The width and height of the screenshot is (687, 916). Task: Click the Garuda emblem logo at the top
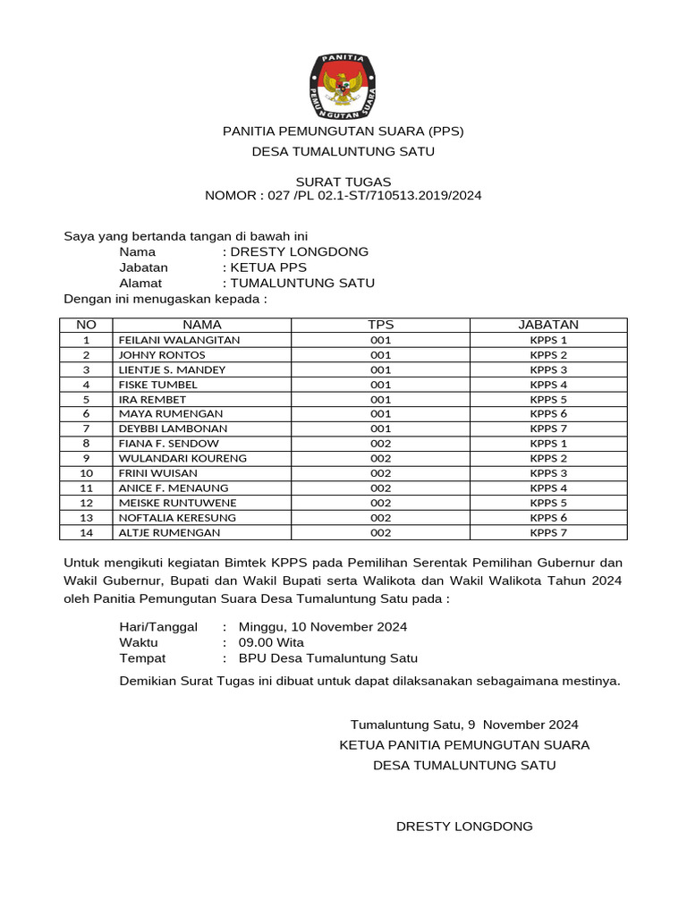343,88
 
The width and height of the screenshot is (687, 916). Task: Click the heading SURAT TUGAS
343,182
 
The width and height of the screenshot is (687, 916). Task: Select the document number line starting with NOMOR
343,195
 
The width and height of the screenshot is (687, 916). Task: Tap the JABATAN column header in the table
548,325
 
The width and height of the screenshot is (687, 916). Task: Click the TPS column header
380,325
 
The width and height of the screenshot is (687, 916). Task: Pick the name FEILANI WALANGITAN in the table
179,340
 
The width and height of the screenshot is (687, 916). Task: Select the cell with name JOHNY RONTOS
162,355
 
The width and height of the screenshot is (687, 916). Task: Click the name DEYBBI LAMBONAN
173,428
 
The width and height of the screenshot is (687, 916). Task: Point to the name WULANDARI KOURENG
182,458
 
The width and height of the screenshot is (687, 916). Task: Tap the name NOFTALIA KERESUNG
177,518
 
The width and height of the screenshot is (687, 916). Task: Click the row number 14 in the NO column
86,532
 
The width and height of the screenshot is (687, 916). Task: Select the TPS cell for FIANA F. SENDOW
380,444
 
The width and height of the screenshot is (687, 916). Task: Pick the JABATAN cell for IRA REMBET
548,399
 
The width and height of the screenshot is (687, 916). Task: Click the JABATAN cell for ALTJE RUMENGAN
548,532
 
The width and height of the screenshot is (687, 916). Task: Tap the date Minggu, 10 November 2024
323,626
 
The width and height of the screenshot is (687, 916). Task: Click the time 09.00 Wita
271,642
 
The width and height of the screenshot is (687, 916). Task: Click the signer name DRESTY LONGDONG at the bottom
464,827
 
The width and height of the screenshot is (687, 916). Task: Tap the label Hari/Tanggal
158,626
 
